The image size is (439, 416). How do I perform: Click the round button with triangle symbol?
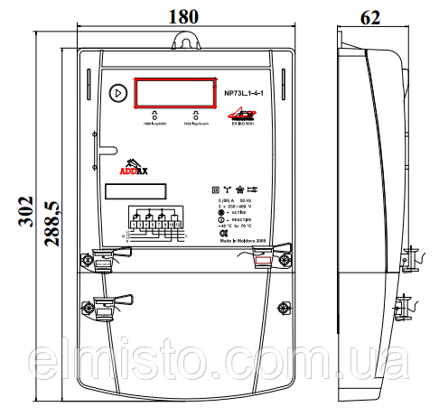click(118, 92)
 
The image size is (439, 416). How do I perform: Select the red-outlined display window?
click(174, 92)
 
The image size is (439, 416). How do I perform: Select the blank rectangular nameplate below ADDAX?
click(135, 191)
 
